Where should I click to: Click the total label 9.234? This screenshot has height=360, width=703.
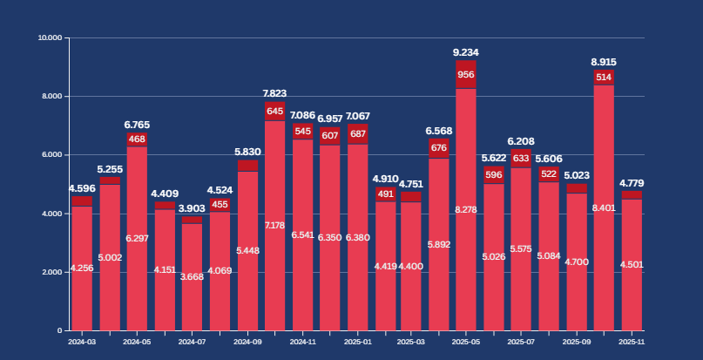point(466,52)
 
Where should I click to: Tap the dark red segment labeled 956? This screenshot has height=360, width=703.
point(466,74)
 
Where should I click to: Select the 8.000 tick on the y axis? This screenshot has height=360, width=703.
point(51,97)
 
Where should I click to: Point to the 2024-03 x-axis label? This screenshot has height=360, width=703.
point(82,343)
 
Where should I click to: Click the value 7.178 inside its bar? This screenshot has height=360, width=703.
point(274,226)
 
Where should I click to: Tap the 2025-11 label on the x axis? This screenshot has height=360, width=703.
point(631,343)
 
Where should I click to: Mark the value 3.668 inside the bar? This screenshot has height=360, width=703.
point(192,276)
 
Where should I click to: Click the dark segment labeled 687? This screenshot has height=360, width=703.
point(357,133)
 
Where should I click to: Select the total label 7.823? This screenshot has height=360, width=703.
point(274,93)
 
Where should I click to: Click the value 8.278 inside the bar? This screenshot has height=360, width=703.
point(466,210)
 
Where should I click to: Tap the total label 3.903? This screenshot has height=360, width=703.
point(192,208)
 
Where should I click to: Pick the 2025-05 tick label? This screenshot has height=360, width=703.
point(466,343)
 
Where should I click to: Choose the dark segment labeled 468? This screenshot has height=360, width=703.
point(137,139)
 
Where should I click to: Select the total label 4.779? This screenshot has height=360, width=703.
point(632,183)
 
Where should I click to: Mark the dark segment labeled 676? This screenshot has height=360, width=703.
point(439,148)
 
